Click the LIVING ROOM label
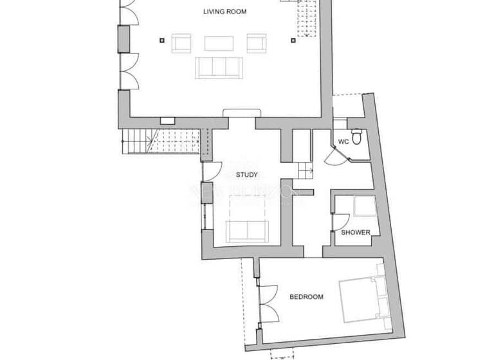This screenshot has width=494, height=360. click(x=224, y=12)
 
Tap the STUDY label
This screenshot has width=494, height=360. click(x=246, y=175)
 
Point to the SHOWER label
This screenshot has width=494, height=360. click(x=355, y=232)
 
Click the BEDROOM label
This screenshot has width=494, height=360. click(x=306, y=297)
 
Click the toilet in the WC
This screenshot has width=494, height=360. click(x=360, y=137)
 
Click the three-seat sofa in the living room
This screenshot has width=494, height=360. click(x=219, y=67)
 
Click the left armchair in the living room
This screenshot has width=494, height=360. click(x=181, y=43)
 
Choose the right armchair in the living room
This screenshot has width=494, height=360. click(x=257, y=43)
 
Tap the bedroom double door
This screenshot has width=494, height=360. click(x=267, y=303)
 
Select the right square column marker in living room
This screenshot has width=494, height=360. click(x=293, y=40)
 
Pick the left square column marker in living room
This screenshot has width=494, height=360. click(x=161, y=40)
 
